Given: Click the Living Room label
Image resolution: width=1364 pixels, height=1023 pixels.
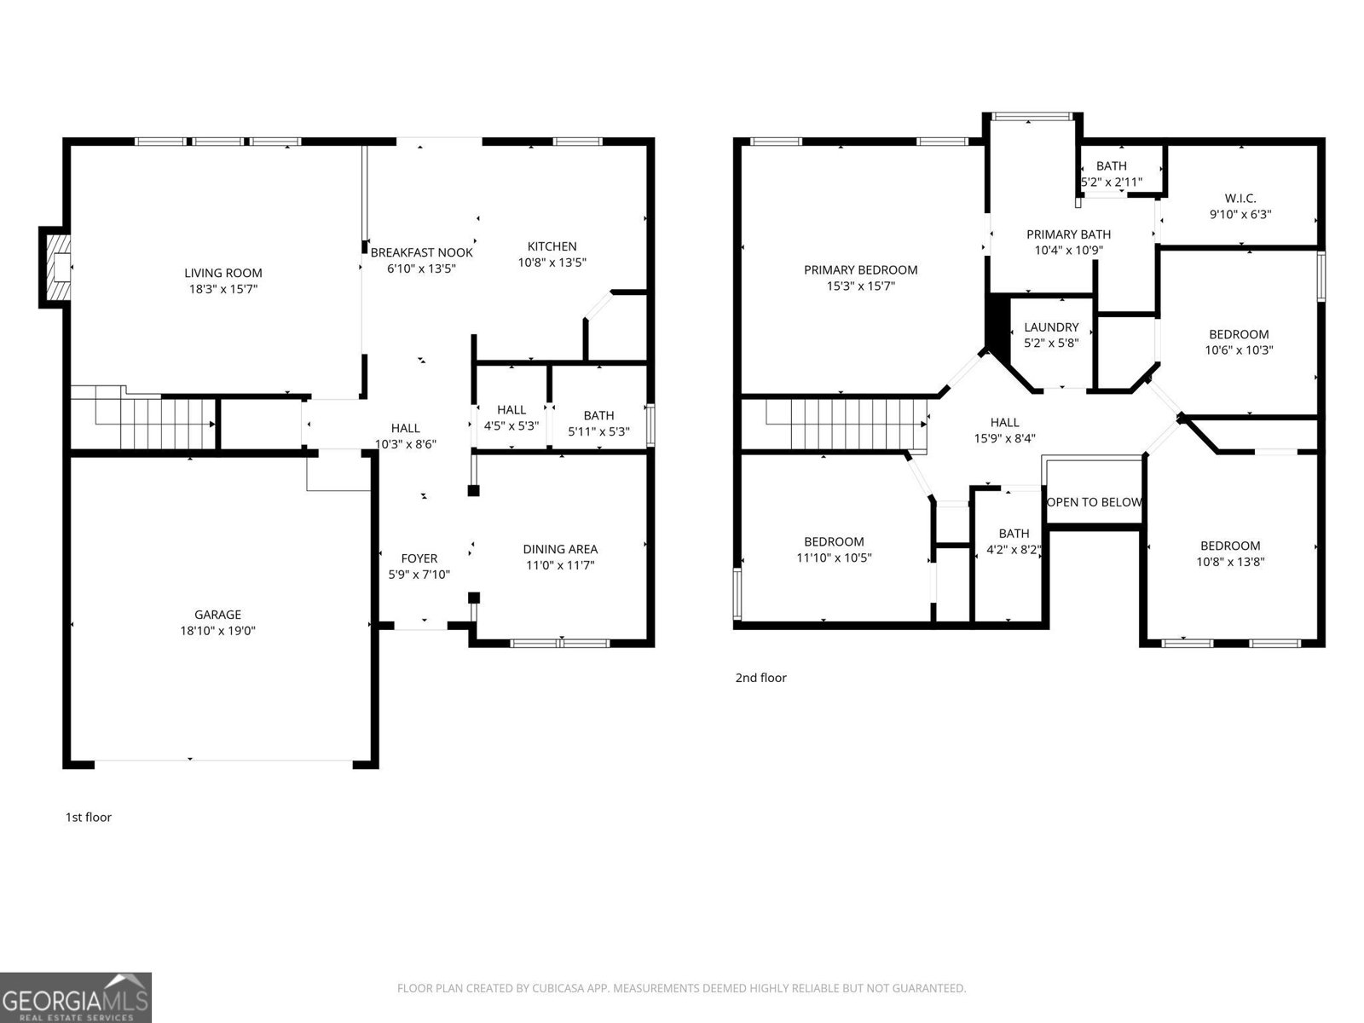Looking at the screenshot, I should coord(223,273).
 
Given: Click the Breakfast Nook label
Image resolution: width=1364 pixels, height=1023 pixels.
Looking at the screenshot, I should coord(421,252).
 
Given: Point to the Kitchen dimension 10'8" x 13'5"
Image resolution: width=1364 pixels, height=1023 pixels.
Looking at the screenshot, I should coord(552,263).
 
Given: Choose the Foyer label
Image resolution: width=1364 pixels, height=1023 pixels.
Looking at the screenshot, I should coord(419,558).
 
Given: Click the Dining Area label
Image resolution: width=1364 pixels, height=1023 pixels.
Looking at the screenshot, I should coord(560,549).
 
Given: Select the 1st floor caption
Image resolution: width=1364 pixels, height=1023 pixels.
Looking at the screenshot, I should coord(89,817).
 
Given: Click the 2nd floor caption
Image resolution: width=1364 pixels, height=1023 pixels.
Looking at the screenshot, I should coord(760,678).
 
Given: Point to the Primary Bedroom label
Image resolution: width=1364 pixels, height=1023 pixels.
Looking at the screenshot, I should coord(860,269).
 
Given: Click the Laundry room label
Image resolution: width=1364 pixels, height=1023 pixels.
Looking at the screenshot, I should coord(1051,327).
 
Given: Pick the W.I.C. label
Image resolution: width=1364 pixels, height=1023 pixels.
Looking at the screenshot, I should coord(1240,198).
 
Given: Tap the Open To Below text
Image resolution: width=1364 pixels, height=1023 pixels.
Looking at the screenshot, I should coord(1094,502).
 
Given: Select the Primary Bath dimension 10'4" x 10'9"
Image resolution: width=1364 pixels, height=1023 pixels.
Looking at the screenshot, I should coord(1068,251).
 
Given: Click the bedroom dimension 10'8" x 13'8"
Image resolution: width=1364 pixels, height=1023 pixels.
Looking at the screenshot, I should coord(1230,562).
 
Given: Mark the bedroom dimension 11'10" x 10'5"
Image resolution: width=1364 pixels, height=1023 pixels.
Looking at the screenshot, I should coord(834,558).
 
